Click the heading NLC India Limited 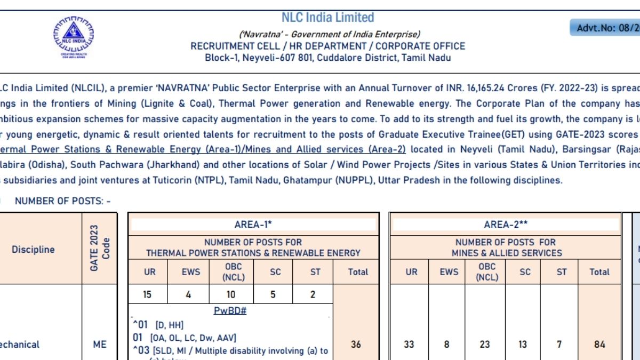[x=327, y=18]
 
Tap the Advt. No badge [x=605, y=28]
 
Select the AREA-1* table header [x=253, y=225]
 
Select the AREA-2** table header [x=506, y=225]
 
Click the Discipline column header [x=33, y=249]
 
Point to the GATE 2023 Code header [x=100, y=249]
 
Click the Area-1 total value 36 [x=356, y=344]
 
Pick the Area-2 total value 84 [x=599, y=344]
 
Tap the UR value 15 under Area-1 [x=148, y=294]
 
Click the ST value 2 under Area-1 [x=313, y=294]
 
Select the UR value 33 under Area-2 [x=409, y=344]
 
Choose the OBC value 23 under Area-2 [x=484, y=344]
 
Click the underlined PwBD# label [x=230, y=310]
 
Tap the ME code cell [x=100, y=344]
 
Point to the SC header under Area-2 [x=525, y=271]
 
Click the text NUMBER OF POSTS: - [x=63, y=201]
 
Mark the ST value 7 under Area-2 [x=559, y=344]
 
